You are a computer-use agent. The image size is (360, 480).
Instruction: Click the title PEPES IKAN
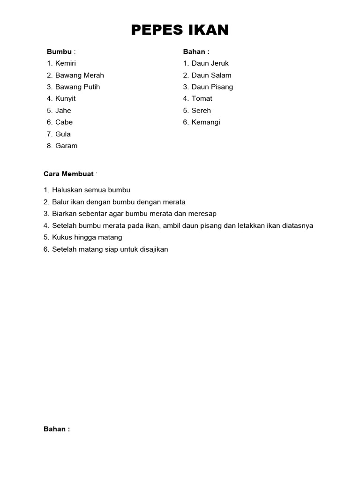coord(180,30)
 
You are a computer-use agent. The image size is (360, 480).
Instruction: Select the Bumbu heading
coord(59,52)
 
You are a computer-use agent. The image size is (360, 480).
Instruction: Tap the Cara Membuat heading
coord(69,174)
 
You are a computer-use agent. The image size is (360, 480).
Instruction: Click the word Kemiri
coord(66,63)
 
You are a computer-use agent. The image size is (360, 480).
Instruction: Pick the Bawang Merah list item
coord(80,75)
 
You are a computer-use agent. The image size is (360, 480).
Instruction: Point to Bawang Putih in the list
coord(78,87)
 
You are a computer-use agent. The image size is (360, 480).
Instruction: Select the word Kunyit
coord(66,98)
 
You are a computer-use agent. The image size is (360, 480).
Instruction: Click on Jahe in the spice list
coord(63,111)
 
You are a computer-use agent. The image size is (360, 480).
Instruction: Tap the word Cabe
coord(64,122)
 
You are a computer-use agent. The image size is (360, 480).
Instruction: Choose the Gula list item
coord(63,134)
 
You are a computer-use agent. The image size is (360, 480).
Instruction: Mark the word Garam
coord(67,146)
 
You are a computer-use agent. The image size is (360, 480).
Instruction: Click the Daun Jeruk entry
coord(210,63)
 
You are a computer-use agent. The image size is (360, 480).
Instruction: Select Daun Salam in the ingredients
coord(211,75)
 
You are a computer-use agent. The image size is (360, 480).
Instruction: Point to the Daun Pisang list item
coord(212,87)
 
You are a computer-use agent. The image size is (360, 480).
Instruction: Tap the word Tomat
coord(202,98)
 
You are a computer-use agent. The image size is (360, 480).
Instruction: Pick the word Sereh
coord(202,111)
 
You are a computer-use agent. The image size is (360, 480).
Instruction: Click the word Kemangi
coord(206,122)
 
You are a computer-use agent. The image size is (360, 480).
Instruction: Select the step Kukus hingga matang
coord(87,238)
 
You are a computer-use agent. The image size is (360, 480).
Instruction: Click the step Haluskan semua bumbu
coord(91,190)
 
